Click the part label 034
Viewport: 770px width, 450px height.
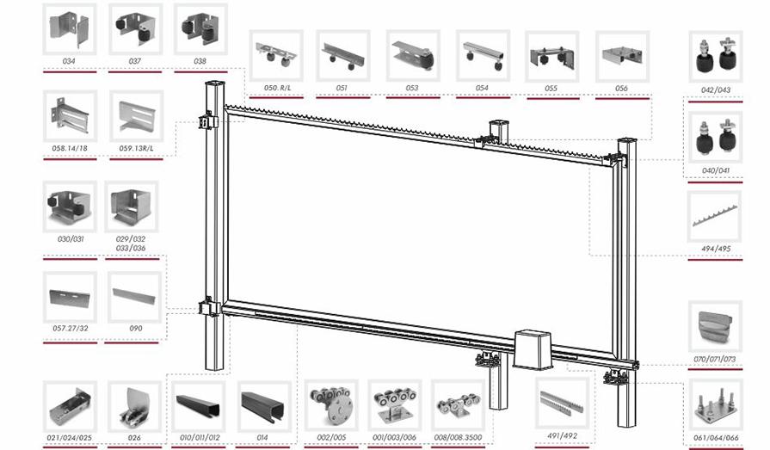click(69, 61)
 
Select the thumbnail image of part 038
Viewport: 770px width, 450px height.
click(200, 29)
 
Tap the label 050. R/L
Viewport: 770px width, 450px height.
click(277, 88)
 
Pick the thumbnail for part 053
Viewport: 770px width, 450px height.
click(413, 56)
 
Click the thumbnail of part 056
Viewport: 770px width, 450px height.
click(622, 57)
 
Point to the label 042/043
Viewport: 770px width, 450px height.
click(716, 89)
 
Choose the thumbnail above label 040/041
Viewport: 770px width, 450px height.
click(715, 137)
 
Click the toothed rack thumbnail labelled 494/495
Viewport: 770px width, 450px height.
click(715, 216)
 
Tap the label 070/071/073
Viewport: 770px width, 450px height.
click(715, 360)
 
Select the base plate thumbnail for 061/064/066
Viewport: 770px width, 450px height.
click(715, 404)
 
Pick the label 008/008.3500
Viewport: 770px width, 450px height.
click(459, 437)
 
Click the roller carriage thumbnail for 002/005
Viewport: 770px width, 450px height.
click(331, 404)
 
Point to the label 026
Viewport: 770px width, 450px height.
click(134, 438)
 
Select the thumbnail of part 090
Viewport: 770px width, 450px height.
click(134, 297)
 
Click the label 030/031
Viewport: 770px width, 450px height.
click(71, 239)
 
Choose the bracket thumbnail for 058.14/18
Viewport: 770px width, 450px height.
click(71, 116)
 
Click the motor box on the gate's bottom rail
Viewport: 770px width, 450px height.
click(533, 350)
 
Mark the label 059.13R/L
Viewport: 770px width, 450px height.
click(136, 148)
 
